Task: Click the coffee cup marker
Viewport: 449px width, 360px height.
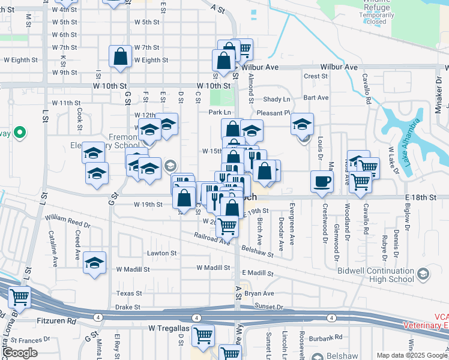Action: (322, 181)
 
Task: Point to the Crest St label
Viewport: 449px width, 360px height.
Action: (315, 76)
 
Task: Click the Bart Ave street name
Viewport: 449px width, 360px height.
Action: (316, 97)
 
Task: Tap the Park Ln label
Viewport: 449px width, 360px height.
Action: (220, 112)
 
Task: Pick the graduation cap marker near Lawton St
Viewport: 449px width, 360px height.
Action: (94, 263)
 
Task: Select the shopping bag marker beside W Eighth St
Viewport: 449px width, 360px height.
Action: (121, 56)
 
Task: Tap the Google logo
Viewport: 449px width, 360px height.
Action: (20, 352)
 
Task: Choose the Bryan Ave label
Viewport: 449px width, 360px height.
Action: (259, 293)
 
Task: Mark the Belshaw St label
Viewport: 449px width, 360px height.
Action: (258, 251)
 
